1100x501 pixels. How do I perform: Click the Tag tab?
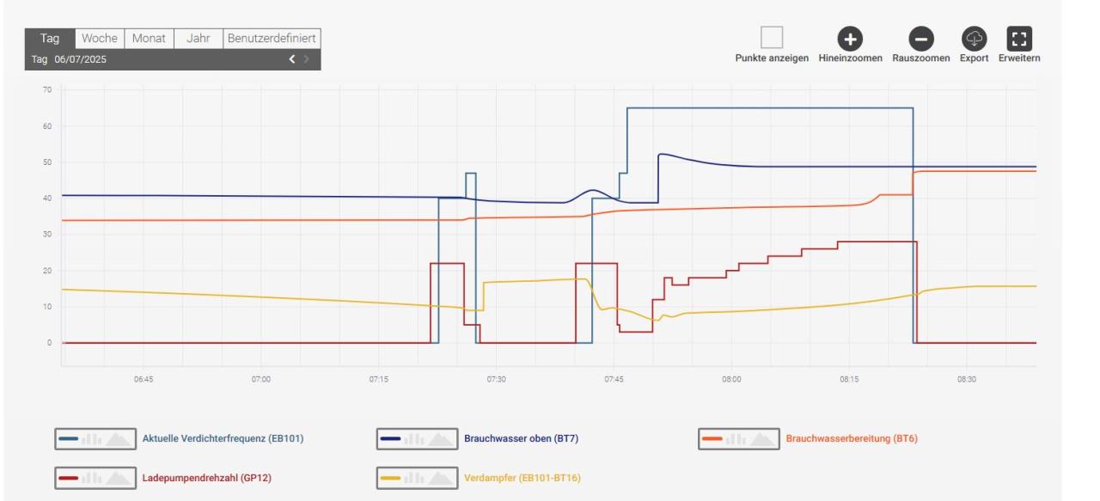pyautogui.click(x=50, y=39)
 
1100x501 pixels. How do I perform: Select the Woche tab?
pyautogui.click(x=100, y=39)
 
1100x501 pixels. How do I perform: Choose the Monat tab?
pyautogui.click(x=149, y=39)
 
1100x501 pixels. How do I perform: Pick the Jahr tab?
pyautogui.click(x=199, y=39)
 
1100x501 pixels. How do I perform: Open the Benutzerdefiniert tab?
pyautogui.click(x=272, y=39)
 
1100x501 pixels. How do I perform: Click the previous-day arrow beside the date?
pyautogui.click(x=292, y=59)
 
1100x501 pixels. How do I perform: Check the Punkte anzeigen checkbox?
pyautogui.click(x=772, y=38)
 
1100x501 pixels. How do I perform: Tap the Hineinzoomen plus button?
pyautogui.click(x=850, y=39)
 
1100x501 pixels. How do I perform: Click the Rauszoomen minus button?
pyautogui.click(x=920, y=39)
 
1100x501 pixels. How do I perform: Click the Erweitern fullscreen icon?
pyautogui.click(x=1019, y=39)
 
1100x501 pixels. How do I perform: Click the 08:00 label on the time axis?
pyautogui.click(x=731, y=379)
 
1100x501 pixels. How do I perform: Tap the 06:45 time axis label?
pyautogui.click(x=143, y=379)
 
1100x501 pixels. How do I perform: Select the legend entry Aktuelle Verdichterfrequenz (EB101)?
pyautogui.click(x=223, y=438)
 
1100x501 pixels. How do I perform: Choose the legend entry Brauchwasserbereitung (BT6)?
pyautogui.click(x=852, y=438)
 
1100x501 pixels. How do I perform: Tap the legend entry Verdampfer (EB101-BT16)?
pyautogui.click(x=522, y=477)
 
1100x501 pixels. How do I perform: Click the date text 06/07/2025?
pyautogui.click(x=81, y=59)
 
